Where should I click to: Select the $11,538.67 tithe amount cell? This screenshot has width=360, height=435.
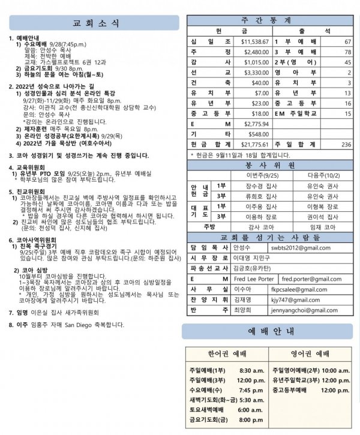coord(255,42)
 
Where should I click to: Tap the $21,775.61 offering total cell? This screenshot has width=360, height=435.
coord(255,145)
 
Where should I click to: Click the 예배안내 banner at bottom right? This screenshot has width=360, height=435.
coord(272,331)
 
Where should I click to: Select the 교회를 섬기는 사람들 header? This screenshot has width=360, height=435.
coord(272,237)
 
